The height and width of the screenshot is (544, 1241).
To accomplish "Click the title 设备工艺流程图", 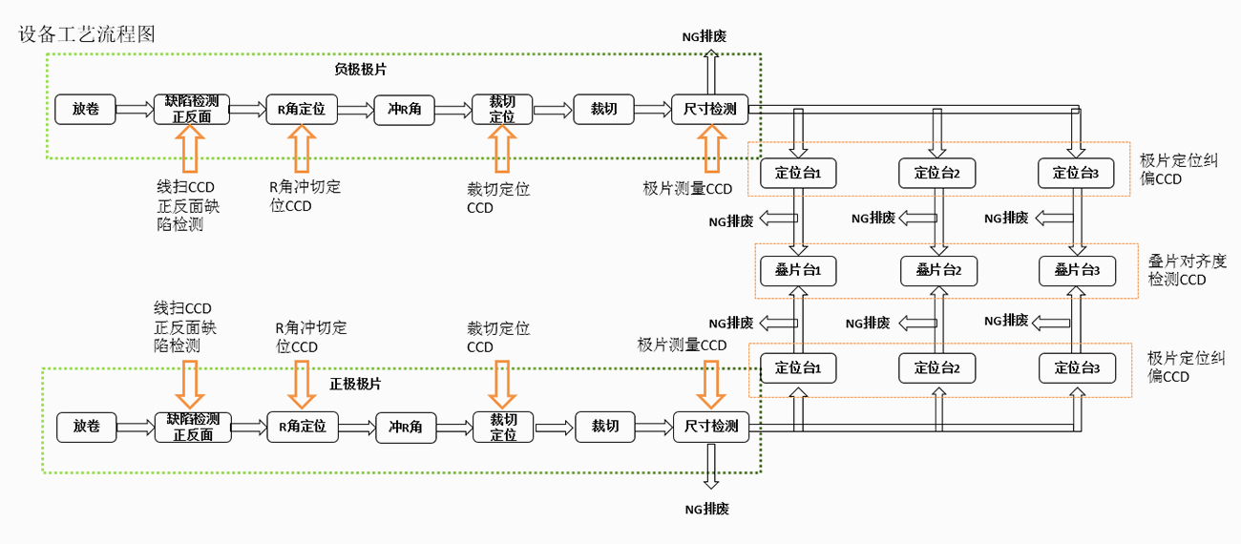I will [x=87, y=34].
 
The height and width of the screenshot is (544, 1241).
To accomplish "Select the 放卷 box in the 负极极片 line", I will [x=85, y=109].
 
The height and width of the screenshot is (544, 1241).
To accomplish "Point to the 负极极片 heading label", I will [x=360, y=70].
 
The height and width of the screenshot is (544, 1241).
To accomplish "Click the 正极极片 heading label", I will [x=355, y=384].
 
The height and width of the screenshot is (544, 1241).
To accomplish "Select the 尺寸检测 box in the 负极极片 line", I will [x=709, y=109].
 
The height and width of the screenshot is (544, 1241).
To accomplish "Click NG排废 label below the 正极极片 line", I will [x=706, y=509].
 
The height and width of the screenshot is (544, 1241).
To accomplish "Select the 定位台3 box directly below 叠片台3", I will [x=1077, y=367].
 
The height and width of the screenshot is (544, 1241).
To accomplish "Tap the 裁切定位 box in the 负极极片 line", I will [x=502, y=109].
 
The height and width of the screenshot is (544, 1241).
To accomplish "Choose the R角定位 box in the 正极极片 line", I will [x=302, y=427].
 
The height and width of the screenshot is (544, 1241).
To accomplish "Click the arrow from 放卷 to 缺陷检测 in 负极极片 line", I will [x=135, y=110].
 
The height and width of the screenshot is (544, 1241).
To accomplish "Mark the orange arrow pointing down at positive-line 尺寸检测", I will [x=709, y=384].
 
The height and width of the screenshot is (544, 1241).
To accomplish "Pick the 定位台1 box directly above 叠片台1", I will [x=798, y=173].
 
